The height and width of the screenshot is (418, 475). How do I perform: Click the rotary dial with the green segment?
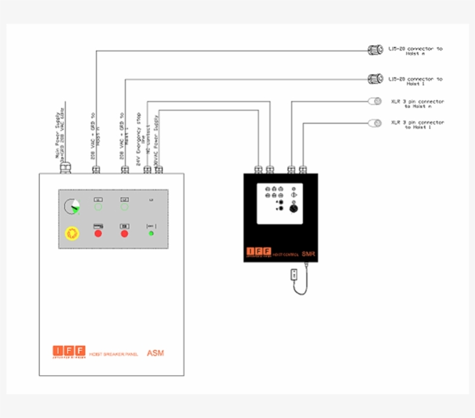[x=72, y=206]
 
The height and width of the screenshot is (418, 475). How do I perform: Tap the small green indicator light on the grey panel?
[x=151, y=234]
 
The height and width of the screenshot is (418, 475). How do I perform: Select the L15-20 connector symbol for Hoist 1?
[x=376, y=78]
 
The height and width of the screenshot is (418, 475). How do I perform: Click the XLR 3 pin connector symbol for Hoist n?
[x=375, y=101]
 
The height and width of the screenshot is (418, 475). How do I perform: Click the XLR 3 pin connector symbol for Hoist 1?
[x=375, y=123]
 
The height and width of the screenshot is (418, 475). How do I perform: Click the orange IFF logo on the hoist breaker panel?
[x=69, y=351]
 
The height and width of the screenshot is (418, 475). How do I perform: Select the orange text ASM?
[x=155, y=353]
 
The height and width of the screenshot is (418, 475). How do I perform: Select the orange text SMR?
[x=308, y=253]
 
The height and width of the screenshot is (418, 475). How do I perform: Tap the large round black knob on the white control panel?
[x=293, y=209]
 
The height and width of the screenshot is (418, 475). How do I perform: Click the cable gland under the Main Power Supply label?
[x=65, y=168]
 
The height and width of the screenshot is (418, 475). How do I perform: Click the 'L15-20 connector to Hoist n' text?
[x=415, y=51]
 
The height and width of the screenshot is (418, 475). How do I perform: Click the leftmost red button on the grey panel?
[x=98, y=234]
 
